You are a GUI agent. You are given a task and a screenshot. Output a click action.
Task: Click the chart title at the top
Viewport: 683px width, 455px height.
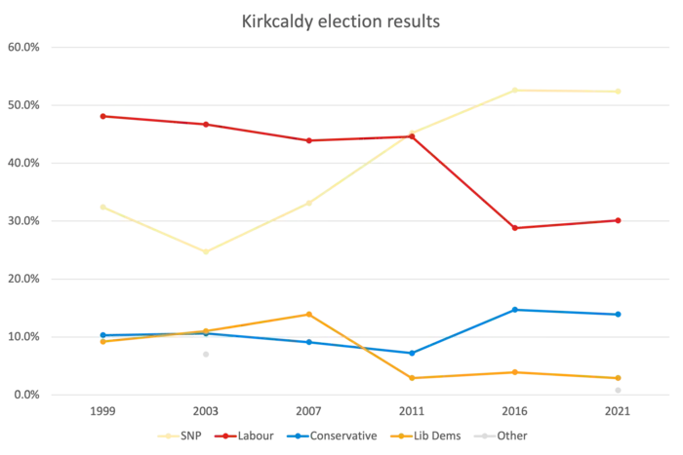point(341,20)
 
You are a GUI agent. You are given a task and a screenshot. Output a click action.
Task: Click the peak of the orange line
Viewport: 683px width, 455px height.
point(309,314)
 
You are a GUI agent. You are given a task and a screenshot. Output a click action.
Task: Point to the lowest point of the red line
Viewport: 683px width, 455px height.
point(514,228)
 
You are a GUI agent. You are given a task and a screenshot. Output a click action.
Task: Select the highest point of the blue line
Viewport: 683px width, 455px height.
point(514,309)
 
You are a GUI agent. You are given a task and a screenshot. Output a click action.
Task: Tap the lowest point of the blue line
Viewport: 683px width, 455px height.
point(412,353)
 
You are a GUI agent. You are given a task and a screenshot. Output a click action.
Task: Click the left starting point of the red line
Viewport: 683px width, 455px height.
point(101,116)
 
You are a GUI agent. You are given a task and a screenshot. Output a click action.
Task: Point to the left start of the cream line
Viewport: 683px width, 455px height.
point(101,207)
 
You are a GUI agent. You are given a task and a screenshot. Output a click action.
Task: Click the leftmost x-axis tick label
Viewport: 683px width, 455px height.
point(101,413)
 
